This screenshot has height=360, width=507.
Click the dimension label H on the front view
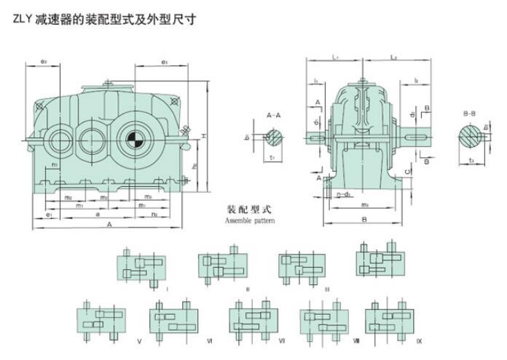(x=206, y=135)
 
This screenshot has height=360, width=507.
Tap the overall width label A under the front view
(x=109, y=226)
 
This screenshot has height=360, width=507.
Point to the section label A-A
(x=275, y=116)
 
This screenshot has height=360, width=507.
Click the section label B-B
(x=470, y=115)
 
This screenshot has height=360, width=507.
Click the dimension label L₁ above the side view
(x=334, y=55)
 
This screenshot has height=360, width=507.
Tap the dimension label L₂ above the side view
(x=393, y=55)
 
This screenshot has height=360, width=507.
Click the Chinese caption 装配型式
(x=245, y=208)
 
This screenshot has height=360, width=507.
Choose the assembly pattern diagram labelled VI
(x=173, y=320)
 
